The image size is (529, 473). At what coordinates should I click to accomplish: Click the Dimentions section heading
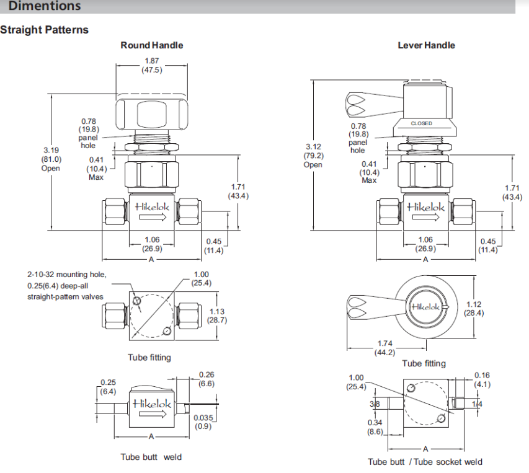pos(45,6)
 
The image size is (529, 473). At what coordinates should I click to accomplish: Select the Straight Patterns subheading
pos(45,30)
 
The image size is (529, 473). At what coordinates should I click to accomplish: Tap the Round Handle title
pos(152,45)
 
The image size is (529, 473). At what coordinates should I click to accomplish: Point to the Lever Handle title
pos(426,45)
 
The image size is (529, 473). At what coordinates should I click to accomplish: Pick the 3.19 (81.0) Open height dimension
pos(51,159)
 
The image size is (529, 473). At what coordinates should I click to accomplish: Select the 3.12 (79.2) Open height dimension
pos(313,156)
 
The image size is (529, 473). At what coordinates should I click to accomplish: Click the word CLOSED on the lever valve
pos(422,123)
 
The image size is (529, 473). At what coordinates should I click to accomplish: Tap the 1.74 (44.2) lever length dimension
pos(385,348)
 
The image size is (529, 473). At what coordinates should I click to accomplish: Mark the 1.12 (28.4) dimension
pos(474,309)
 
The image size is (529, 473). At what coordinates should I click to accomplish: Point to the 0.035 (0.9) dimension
pos(203,422)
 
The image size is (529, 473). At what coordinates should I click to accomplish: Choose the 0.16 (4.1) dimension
pos(482,379)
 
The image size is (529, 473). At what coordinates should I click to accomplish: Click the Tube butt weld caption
pos(151,458)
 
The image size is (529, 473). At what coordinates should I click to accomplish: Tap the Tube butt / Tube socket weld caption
pos(425,461)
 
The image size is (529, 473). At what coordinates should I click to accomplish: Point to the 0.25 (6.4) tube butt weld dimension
pos(109,387)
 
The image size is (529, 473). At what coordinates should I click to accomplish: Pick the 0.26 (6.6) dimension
pos(207,379)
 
